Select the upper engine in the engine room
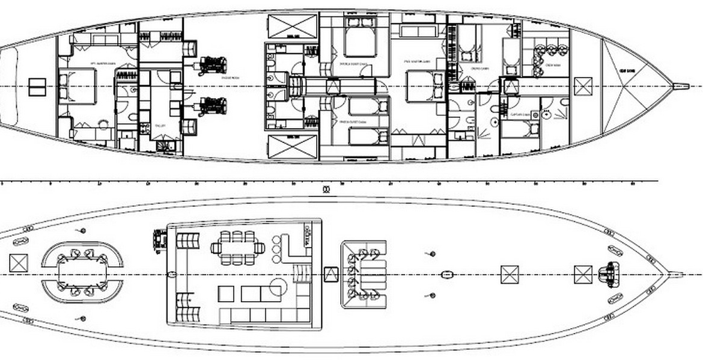212,64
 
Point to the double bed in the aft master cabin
78,86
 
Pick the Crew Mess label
552,64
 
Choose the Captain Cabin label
520,114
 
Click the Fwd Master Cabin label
418,61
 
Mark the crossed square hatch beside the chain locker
583,86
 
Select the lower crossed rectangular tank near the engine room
292,147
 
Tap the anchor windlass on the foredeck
609,274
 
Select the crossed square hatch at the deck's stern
19,263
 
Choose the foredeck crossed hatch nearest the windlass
583,275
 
